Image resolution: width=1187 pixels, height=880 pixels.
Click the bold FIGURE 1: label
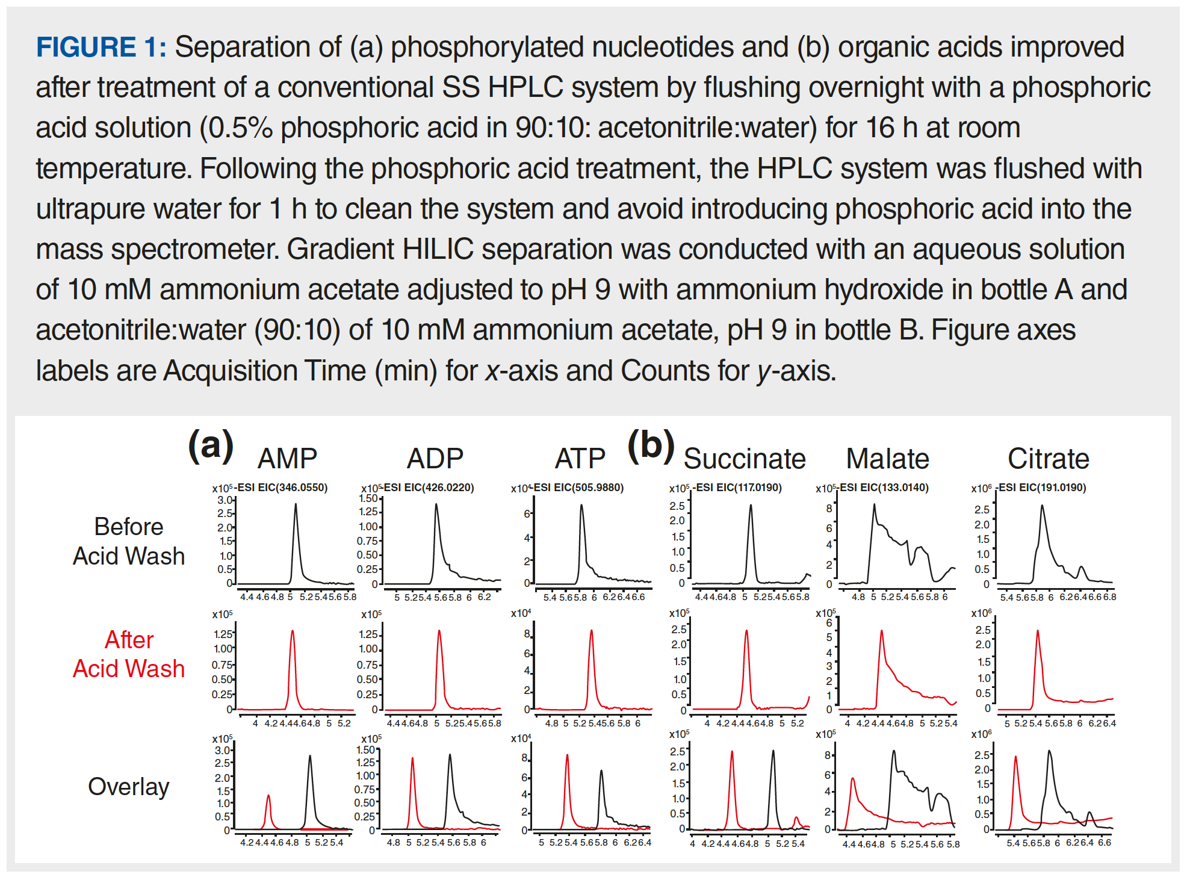click(101, 48)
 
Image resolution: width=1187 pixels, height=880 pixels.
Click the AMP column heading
click(287, 459)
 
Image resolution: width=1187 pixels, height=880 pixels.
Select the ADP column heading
click(435, 459)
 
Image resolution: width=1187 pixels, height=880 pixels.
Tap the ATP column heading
click(580, 459)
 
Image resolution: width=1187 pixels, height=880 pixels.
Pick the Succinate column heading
click(745, 459)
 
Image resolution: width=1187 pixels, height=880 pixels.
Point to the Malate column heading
click(887, 459)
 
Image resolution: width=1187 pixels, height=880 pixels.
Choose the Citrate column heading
click(1048, 459)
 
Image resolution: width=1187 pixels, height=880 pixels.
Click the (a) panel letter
click(211, 446)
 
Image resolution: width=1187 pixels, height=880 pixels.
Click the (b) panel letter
click(651, 446)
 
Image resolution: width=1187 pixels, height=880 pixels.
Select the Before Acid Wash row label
click(129, 541)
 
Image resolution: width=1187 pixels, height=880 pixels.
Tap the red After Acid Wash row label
click(129, 654)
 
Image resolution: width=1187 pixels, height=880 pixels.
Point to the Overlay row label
click(129, 787)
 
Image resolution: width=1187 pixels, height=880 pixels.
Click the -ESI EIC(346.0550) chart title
click(282, 488)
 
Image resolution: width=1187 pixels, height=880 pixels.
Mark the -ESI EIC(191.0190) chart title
click(1042, 488)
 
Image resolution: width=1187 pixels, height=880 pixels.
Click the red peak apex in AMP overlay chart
click(268, 796)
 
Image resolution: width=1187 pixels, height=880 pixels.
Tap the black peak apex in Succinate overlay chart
click(773, 751)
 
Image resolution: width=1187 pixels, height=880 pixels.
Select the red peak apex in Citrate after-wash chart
click(1037, 631)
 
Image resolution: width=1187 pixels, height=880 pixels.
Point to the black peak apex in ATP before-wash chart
click(581, 505)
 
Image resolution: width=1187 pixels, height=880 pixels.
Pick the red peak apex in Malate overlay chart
click(853, 779)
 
